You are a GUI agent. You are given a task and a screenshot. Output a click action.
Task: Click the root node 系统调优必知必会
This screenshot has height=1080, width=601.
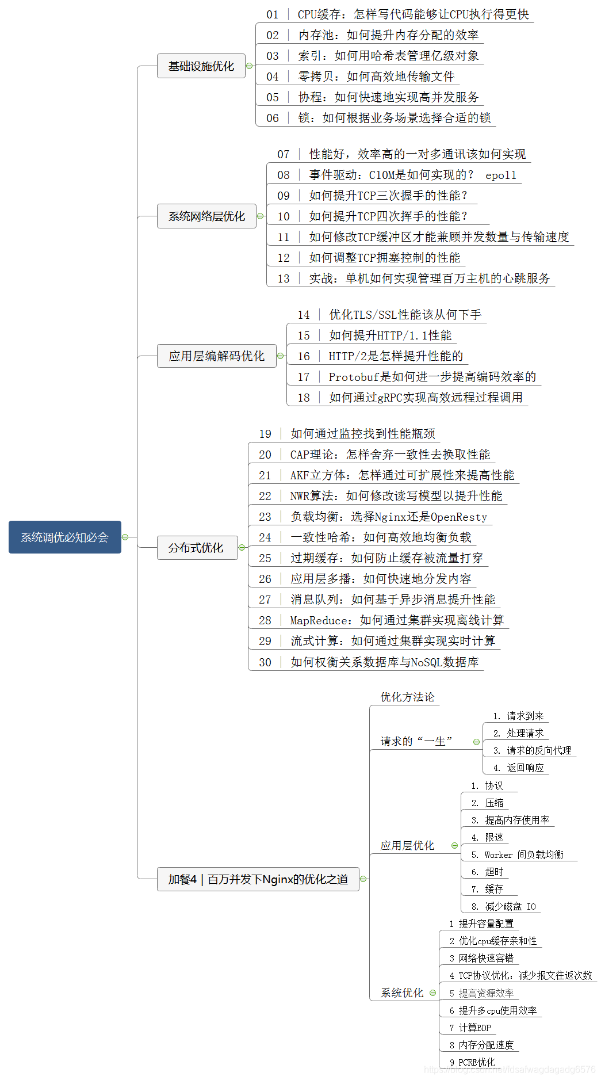[x=64, y=537]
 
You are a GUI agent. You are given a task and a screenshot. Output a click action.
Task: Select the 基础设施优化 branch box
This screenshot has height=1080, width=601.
[x=201, y=66]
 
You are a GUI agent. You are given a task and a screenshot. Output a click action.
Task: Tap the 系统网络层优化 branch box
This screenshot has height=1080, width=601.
[x=206, y=216]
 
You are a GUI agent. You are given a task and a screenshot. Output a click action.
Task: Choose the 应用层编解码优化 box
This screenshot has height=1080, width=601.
[x=216, y=356]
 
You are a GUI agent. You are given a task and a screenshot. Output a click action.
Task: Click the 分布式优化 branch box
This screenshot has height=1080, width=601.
[x=197, y=548]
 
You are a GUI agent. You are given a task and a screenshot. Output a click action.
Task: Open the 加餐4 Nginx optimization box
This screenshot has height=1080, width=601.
[x=258, y=879]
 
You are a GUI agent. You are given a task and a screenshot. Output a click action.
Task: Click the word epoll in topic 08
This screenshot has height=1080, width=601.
[x=500, y=175]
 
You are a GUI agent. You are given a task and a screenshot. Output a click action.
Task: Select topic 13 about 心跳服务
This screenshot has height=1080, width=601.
[x=428, y=278]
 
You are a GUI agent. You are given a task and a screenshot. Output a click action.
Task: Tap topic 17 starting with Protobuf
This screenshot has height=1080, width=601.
[x=431, y=377]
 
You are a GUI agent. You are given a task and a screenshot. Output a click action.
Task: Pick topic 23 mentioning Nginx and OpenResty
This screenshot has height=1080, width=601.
[x=388, y=517]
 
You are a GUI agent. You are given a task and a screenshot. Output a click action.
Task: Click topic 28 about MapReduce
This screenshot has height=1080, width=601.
[x=396, y=620]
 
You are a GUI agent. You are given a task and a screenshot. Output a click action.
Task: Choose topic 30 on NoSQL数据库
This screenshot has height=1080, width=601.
[x=384, y=662]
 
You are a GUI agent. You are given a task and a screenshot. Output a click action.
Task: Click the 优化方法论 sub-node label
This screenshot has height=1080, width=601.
[x=407, y=697]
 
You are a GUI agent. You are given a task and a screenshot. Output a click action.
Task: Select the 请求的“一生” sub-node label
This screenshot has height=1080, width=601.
[x=416, y=742]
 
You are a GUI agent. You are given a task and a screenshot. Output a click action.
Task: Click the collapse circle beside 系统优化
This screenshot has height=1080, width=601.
[x=432, y=993]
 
